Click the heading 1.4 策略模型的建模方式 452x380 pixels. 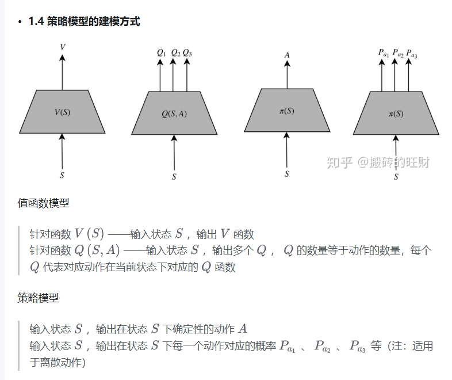(84, 22)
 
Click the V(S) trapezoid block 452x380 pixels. (62, 112)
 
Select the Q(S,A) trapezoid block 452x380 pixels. (174, 113)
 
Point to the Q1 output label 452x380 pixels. (161, 53)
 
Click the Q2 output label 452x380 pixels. (175, 53)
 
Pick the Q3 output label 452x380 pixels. (187, 53)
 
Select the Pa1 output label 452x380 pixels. (383, 54)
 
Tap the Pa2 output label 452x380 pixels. (397, 54)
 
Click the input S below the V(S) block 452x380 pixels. (62, 173)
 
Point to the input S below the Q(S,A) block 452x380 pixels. (174, 177)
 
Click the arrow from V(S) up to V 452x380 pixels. (62, 72)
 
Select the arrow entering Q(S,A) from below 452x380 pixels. (174, 153)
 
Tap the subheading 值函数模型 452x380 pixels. (43, 203)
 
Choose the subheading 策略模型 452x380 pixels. (38, 298)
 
